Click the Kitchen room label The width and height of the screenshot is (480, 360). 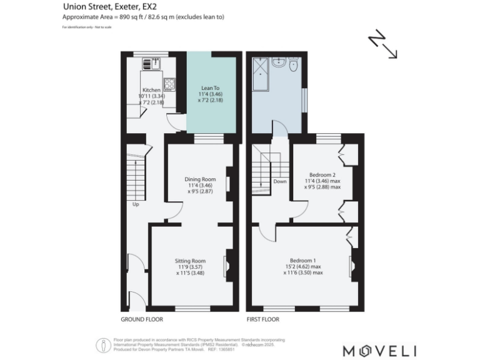[151, 90]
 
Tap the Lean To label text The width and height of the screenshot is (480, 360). [210, 89]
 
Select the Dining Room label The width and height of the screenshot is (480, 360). [200, 179]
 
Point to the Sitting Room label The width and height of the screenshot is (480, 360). [190, 261]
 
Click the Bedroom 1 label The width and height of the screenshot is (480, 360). [302, 261]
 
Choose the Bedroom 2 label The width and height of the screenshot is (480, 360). [322, 175]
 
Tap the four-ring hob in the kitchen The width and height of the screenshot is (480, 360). [169, 83]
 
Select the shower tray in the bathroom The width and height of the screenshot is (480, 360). [261, 66]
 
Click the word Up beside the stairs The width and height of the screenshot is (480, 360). [134, 204]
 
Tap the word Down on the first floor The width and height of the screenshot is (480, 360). [279, 182]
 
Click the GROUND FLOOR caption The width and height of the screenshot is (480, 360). [142, 319]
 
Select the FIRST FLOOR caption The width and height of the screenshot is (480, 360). [262, 319]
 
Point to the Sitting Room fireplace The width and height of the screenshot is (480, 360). [229, 266]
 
